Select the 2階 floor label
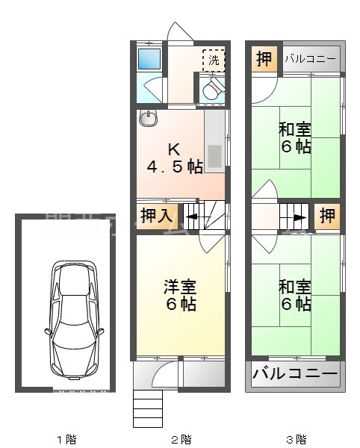pos(181,438)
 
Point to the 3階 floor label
pos(297,438)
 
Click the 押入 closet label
pos(158,217)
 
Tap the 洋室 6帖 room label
pos(179,295)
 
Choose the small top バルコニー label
pos(309,59)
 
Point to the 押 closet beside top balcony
pos(264,59)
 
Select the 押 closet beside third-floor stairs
pos(327,217)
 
